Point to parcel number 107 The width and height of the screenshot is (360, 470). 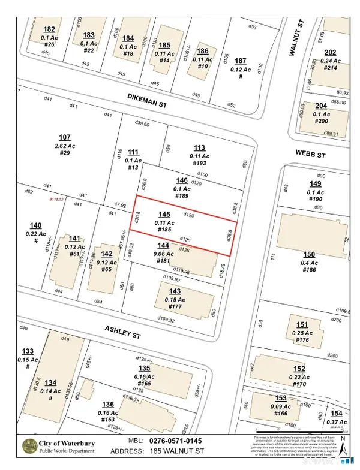click(65, 137)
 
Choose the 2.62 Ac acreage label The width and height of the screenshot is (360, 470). click(65, 146)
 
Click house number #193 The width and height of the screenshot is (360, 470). click(199, 164)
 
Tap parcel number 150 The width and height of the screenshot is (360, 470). click(310, 255)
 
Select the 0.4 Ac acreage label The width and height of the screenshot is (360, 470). click(310, 263)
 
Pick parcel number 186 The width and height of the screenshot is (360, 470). click(203, 52)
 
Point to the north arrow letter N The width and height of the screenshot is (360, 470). click(342, 439)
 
